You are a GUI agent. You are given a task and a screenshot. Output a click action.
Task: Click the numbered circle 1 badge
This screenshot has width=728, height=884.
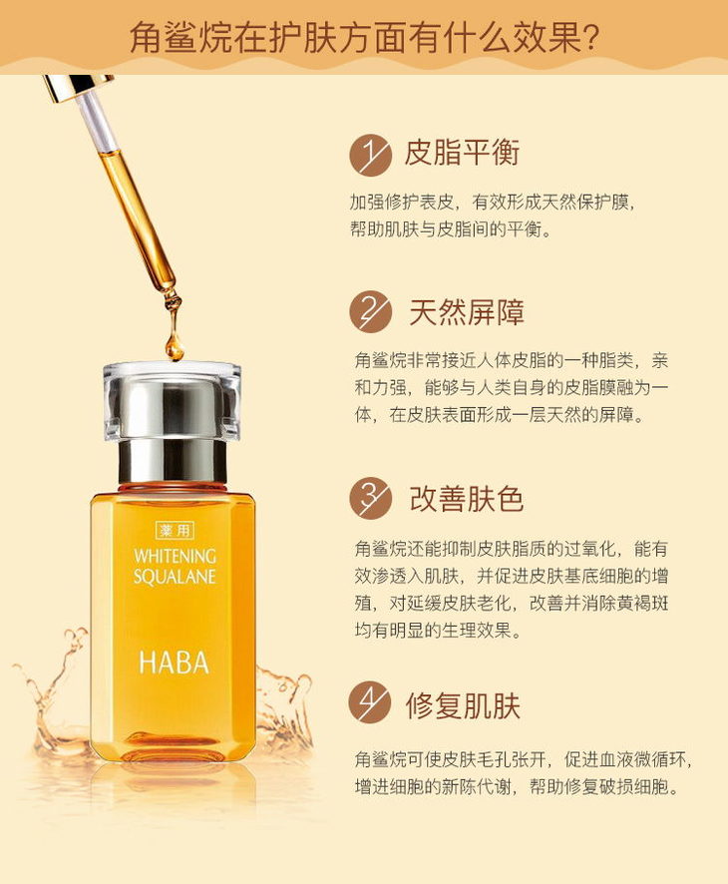tap(370, 155)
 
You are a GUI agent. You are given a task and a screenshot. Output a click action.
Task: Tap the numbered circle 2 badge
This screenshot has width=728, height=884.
tap(370, 311)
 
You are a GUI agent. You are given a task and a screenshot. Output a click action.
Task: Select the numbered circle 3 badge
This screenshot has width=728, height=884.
tap(370, 499)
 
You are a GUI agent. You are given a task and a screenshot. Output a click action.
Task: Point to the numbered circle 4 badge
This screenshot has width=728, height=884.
tap(370, 702)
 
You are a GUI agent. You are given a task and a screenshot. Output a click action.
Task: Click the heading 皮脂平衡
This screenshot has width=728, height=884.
tap(462, 153)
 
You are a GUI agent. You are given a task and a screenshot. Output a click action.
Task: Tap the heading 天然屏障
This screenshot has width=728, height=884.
tap(467, 311)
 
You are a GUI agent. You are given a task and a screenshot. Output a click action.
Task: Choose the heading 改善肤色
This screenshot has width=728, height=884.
tap(467, 499)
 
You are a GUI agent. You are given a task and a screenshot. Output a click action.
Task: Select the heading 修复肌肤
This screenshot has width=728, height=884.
tap(463, 705)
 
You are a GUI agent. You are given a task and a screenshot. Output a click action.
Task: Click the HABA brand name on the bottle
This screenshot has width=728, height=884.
tap(175, 663)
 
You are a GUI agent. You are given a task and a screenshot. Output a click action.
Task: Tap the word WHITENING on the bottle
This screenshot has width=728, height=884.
tap(176, 556)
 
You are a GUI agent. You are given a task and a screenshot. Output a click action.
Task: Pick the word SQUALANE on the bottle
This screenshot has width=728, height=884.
tap(175, 576)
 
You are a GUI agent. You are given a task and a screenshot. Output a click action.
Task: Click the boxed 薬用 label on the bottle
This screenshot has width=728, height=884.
tap(175, 530)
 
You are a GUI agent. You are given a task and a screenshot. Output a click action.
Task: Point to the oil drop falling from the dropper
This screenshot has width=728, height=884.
tap(175, 348)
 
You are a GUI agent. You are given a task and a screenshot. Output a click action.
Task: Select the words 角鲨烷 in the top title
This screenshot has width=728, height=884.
tap(180, 38)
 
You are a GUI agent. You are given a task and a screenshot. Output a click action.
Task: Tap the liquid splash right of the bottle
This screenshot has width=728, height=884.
tap(284, 704)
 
